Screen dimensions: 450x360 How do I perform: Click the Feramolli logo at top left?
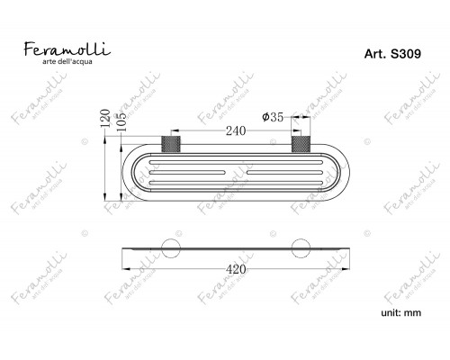coord(67,53)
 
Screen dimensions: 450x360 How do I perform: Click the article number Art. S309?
coord(392,54)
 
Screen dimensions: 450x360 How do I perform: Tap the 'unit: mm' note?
coord(400,313)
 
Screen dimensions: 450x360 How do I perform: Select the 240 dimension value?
coord(236,130)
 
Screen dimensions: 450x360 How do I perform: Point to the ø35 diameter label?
coord(273,117)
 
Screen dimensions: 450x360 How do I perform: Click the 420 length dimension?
coord(236,269)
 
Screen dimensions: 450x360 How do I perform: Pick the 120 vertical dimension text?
coord(105,118)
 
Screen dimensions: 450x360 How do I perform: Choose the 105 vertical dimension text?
coord(121,122)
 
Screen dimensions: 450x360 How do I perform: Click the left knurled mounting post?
coord(171,144)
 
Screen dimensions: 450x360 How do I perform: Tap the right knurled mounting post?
coord(301,144)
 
